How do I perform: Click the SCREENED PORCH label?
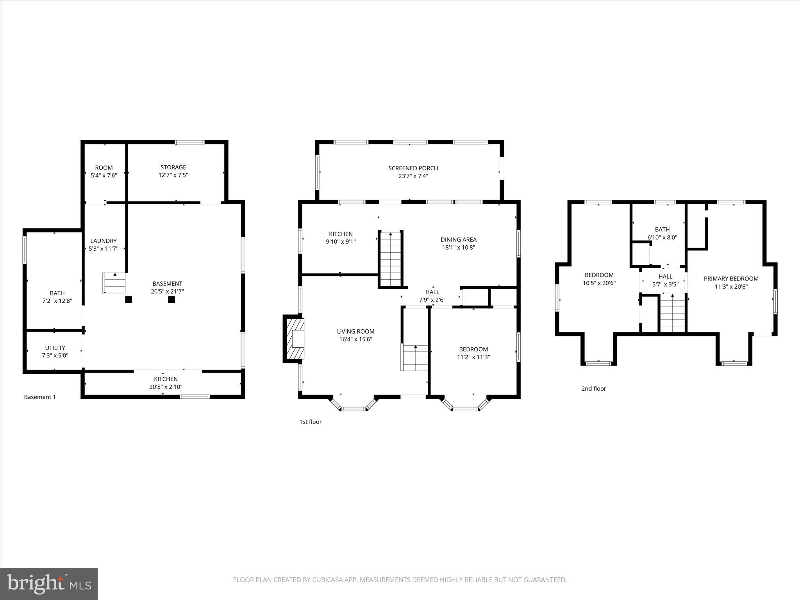click(413, 168)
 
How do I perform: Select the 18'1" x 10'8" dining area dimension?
click(458, 247)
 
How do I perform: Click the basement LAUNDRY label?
click(104, 241)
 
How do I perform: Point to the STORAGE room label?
click(173, 167)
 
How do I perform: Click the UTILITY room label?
click(55, 348)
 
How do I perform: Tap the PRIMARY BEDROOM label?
click(731, 279)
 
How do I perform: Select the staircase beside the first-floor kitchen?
click(391, 259)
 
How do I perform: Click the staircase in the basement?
click(114, 283)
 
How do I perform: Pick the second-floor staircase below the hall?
click(672, 313)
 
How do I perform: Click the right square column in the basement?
click(171, 300)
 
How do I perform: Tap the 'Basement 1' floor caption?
click(40, 397)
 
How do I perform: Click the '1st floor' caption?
click(310, 422)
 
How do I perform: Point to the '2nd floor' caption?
click(593, 388)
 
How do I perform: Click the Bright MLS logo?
click(49, 584)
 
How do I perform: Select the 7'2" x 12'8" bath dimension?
click(57, 301)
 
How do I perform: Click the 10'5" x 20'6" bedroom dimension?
click(599, 283)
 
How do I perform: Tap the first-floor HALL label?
click(432, 292)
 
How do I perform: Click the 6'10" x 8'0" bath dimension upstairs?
click(662, 237)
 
